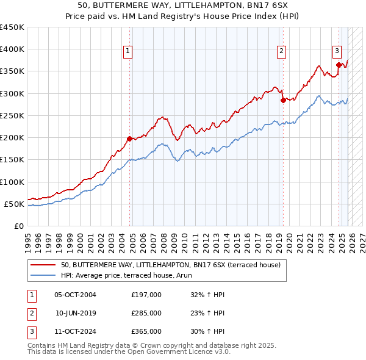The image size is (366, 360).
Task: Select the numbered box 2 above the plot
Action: [282, 51]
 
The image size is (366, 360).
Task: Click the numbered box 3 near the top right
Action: [337, 51]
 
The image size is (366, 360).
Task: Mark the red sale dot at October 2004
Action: [129, 139]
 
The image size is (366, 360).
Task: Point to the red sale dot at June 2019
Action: [283, 100]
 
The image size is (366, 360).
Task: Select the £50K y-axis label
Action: [14, 204]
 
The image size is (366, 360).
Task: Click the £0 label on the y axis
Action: [18, 226]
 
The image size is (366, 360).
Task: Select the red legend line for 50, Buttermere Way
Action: [43, 265]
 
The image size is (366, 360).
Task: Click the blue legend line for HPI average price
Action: [43, 275]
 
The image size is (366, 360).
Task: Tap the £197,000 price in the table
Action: [146, 295]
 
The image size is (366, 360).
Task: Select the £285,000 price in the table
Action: [146, 313]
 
